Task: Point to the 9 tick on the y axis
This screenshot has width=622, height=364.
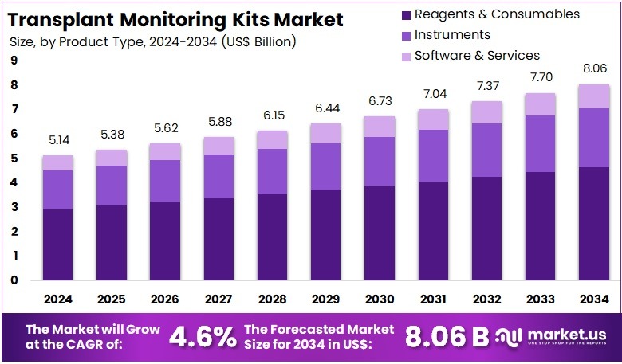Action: (14, 61)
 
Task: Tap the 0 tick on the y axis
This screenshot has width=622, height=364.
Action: (14, 280)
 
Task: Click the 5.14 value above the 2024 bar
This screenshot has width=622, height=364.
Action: (57, 140)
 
